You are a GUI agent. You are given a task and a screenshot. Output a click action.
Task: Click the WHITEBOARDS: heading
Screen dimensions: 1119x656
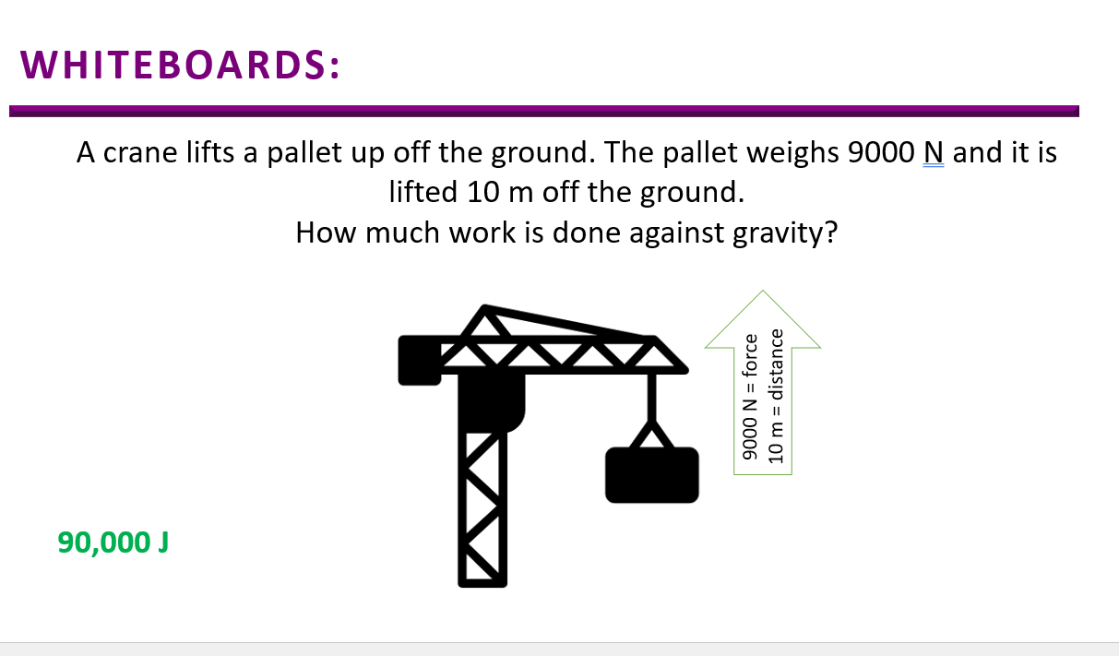180,65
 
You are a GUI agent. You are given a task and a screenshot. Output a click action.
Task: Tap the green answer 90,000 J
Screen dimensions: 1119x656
113,543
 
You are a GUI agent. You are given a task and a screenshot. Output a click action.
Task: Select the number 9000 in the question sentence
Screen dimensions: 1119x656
881,152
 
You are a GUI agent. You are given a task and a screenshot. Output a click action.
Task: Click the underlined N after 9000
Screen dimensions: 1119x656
934,152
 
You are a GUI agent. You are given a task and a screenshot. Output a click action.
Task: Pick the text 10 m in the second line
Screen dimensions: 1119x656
500,192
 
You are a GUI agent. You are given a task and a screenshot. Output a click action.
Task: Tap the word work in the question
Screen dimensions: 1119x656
482,233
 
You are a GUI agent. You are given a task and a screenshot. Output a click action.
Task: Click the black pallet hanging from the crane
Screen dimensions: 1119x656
652,474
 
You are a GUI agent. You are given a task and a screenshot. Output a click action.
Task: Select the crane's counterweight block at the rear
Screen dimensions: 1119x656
420,360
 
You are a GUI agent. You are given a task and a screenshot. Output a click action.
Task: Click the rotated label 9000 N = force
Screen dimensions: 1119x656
750,397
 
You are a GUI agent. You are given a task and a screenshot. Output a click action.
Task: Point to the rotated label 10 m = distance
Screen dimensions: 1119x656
775,396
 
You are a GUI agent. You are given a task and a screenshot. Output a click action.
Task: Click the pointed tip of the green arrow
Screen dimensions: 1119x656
763,291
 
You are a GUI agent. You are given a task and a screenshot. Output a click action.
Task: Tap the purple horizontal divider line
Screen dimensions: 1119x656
544,111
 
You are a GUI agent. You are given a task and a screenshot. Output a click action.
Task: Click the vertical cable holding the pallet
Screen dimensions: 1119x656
652,397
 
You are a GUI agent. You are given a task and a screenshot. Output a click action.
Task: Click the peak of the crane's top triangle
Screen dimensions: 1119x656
484,305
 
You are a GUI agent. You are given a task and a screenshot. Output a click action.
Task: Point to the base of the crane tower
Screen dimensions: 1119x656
482,583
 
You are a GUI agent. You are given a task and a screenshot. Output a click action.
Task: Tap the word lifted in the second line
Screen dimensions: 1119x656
423,192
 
